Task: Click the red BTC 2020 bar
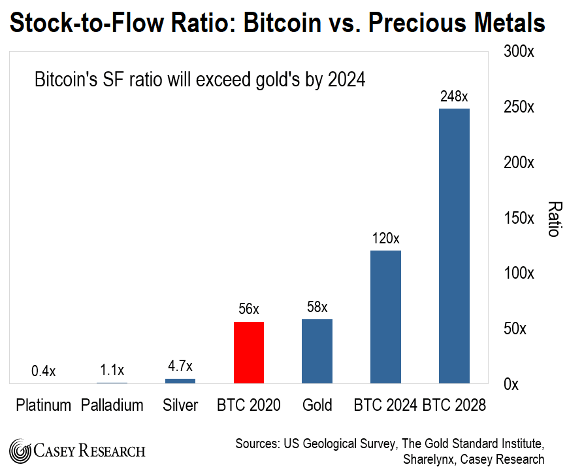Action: pos(248,352)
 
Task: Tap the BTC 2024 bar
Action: pos(385,317)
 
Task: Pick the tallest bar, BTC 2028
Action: pos(454,245)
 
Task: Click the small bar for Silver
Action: pos(180,381)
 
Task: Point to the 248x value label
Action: pos(454,96)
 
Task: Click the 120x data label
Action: pos(385,238)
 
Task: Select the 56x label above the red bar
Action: pos(248,309)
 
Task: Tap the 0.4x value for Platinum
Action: pos(44,371)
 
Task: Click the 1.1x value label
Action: pos(112,369)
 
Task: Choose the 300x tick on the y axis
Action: pos(519,52)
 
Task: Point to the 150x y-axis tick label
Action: pos(519,218)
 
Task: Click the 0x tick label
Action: pos(511,384)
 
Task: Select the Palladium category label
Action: pos(112,406)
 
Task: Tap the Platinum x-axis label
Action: pos(44,406)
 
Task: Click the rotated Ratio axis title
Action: pos(553,218)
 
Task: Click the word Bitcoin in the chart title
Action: pos(278,23)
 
